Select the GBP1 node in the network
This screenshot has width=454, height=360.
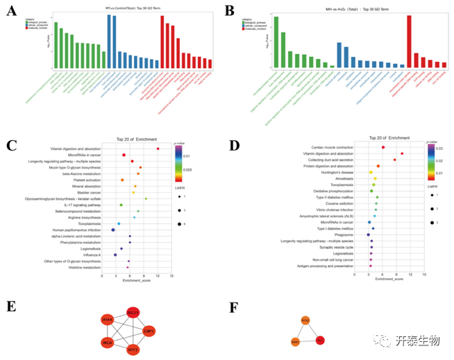pyautogui.click(x=148, y=331)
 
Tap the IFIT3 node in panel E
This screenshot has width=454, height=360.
pyautogui.click(x=133, y=350)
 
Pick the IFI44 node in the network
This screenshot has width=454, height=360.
pyautogui.click(x=108, y=320)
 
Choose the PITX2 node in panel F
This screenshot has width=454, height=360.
pyautogui.click(x=305, y=320)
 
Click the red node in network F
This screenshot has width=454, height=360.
pyautogui.click(x=320, y=341)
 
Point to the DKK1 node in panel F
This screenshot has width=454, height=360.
pyautogui.click(x=295, y=342)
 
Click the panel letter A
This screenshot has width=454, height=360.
pyautogui.click(x=10, y=12)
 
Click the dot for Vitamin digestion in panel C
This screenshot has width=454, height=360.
pyautogui.click(x=158, y=149)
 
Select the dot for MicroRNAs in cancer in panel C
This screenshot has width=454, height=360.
pyautogui.click(x=124, y=155)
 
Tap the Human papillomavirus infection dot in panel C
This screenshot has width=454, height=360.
pyautogui.click(x=113, y=230)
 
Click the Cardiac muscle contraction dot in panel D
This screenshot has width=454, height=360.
pyautogui.click(x=383, y=147)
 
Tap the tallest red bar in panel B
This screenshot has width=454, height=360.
pyautogui.click(x=409, y=41)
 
